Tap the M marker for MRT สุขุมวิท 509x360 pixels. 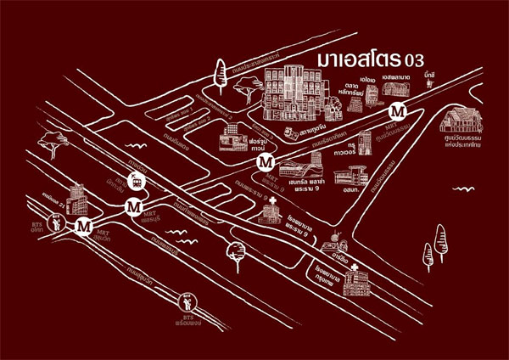83,227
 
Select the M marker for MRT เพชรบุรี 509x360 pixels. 133,206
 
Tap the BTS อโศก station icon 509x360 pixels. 56,225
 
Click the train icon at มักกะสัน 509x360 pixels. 136,180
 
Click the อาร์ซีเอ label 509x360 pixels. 342,239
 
